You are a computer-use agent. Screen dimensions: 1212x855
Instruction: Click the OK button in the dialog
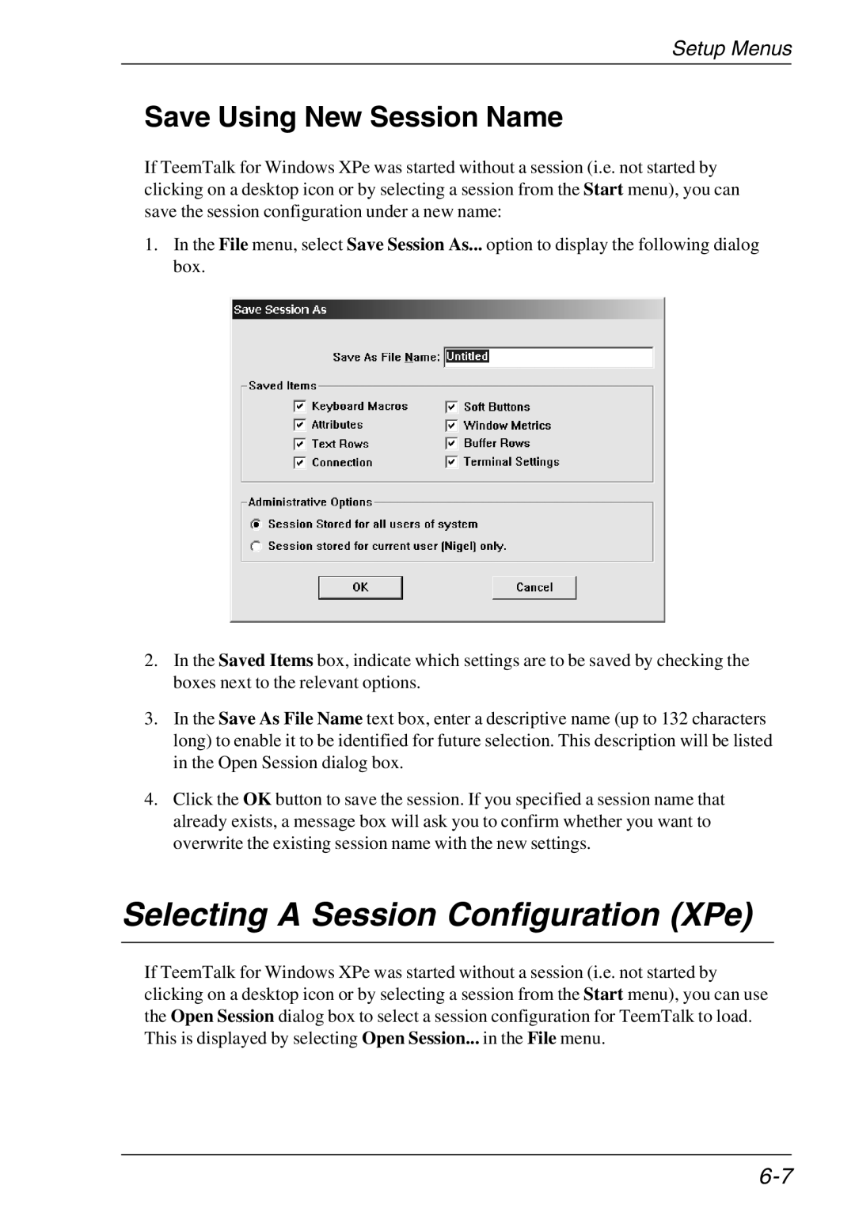click(x=360, y=587)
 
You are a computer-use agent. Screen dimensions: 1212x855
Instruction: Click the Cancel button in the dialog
click(x=534, y=587)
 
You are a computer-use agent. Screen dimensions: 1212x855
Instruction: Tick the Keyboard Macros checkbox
click(x=300, y=406)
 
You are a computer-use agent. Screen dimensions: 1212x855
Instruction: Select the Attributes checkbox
click(x=300, y=425)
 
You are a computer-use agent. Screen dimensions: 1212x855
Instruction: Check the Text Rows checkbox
click(x=300, y=444)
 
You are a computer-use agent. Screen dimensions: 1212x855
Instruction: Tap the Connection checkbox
click(x=300, y=463)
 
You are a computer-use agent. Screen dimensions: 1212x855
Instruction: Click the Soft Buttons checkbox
click(x=451, y=407)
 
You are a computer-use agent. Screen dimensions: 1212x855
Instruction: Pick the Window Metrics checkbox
click(x=451, y=425)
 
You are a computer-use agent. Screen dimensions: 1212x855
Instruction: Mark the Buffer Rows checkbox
click(x=451, y=443)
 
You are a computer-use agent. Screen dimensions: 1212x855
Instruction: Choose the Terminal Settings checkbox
click(x=451, y=462)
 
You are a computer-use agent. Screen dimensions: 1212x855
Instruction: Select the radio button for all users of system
click(x=256, y=524)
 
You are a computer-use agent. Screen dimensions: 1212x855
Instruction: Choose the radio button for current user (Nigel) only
click(x=256, y=546)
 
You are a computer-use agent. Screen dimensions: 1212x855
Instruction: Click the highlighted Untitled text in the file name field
click(x=467, y=357)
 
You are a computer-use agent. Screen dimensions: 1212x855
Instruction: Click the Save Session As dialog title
click(x=280, y=310)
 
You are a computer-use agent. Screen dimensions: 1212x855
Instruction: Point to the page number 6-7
click(x=777, y=1176)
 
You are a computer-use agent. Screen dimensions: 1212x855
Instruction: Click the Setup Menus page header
click(x=731, y=49)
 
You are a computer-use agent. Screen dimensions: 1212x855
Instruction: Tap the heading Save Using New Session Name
click(x=353, y=117)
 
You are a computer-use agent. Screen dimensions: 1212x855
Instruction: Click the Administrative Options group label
click(x=310, y=502)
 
